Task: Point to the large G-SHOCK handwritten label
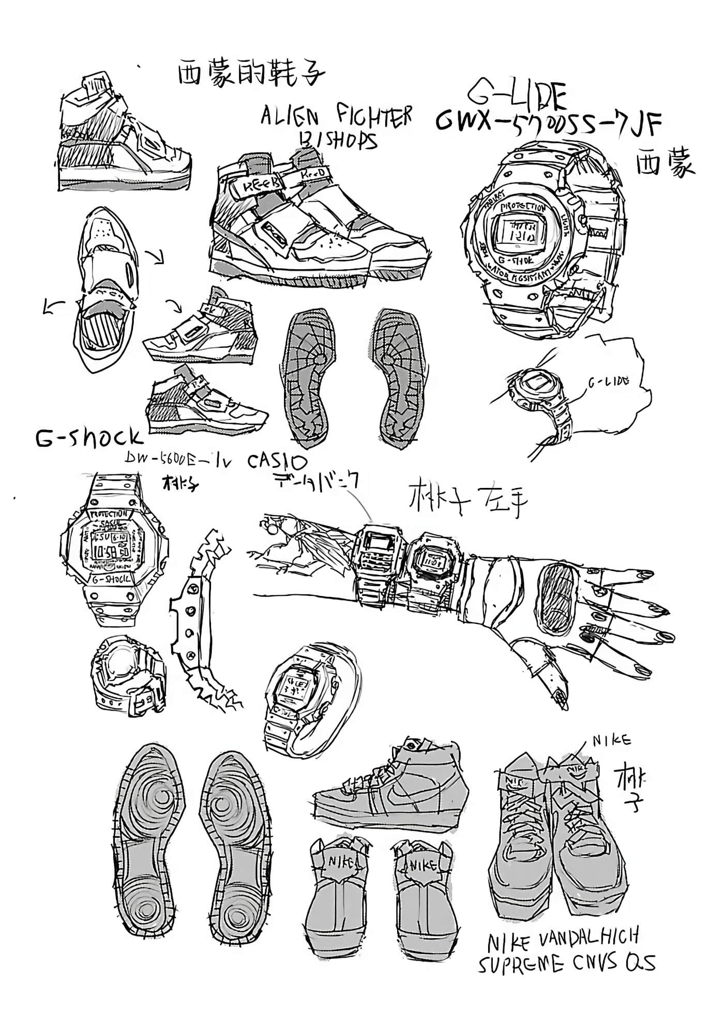tap(88, 437)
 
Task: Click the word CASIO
tap(277, 461)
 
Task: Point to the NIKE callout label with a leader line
tap(612, 741)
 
